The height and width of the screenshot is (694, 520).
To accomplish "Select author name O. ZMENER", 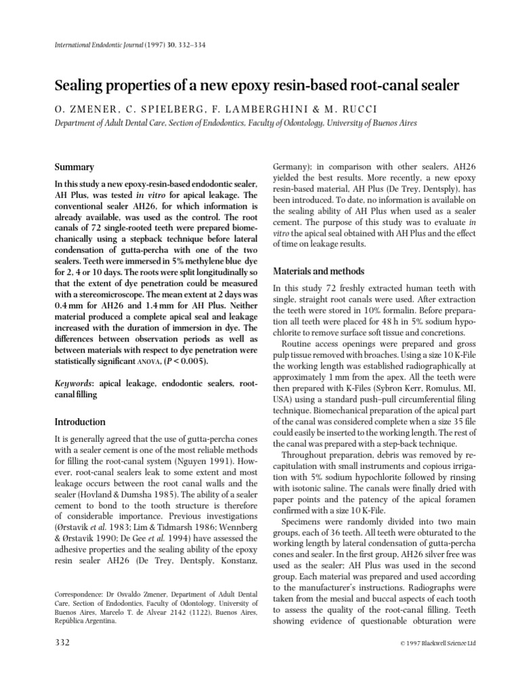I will click(x=81, y=109).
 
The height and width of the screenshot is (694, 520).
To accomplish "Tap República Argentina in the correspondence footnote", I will click(x=89, y=609).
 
